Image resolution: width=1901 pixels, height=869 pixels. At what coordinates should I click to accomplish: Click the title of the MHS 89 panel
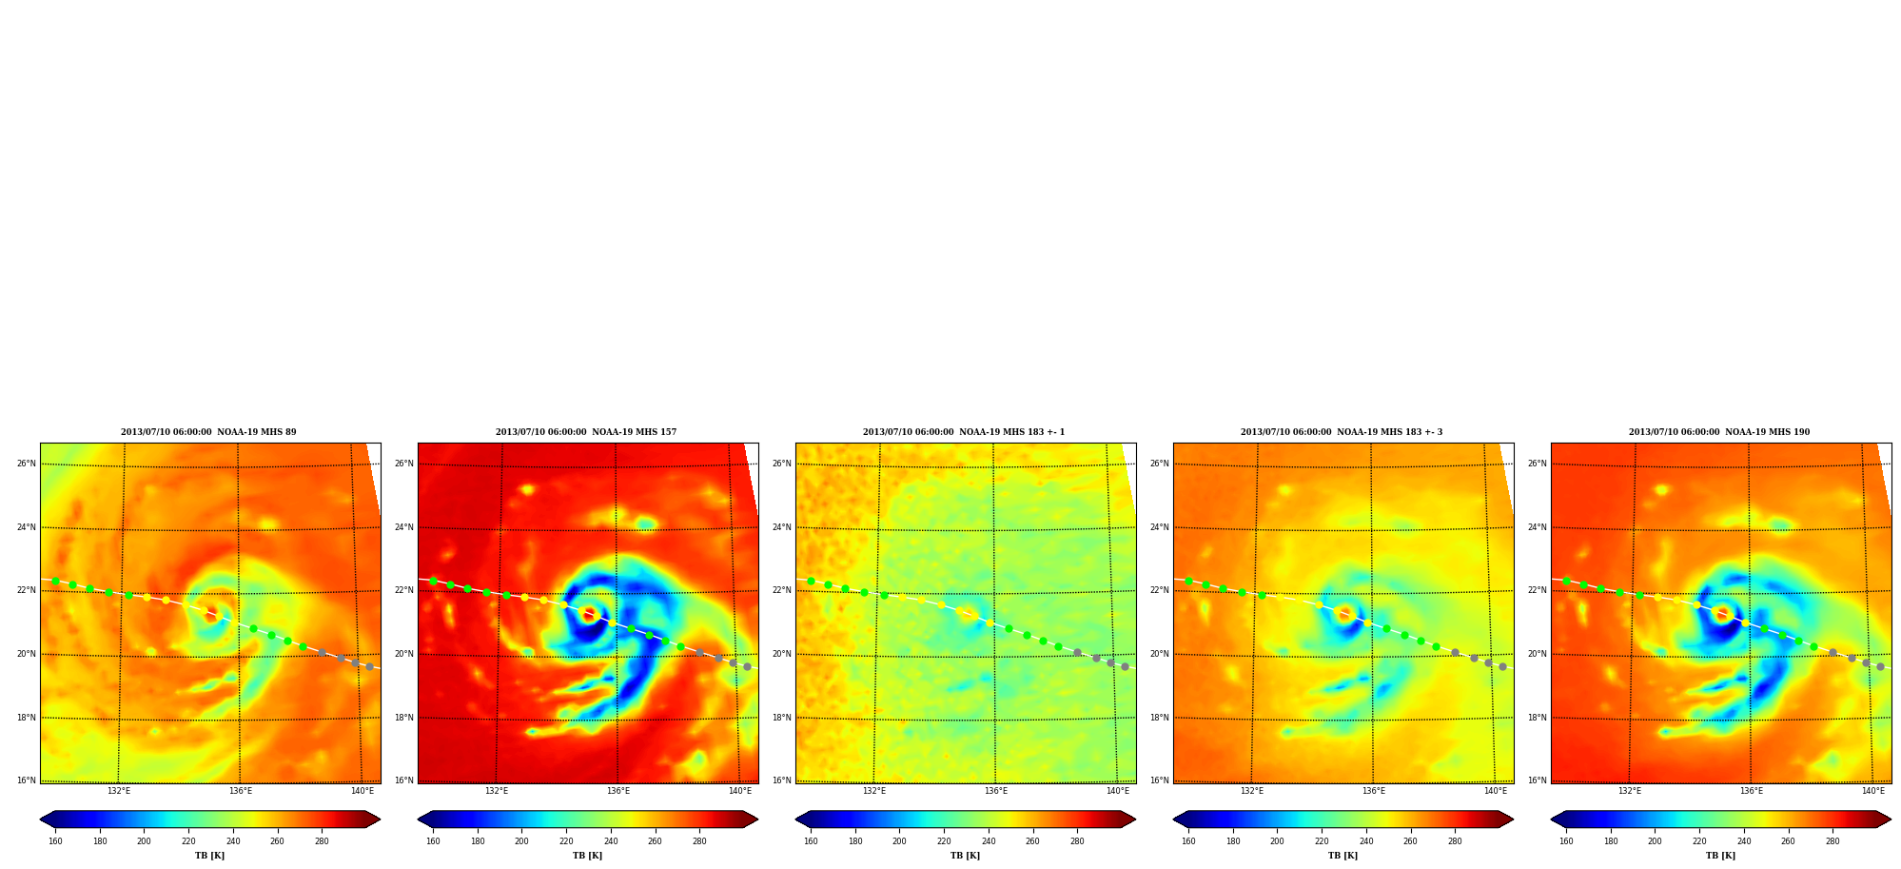pyautogui.click(x=208, y=432)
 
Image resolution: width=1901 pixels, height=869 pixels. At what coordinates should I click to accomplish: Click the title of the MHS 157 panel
pyautogui.click(x=586, y=432)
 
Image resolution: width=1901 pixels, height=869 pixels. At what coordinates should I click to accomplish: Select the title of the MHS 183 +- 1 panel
pyautogui.click(x=964, y=432)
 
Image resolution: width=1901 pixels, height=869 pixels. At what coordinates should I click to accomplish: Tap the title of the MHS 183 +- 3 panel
pyautogui.click(x=1342, y=432)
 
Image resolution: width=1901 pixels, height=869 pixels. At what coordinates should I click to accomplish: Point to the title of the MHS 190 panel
pyautogui.click(x=1719, y=432)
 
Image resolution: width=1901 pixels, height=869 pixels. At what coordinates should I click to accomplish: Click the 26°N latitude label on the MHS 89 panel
pyautogui.click(x=27, y=464)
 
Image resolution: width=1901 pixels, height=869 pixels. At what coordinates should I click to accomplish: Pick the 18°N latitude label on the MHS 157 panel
pyautogui.click(x=404, y=718)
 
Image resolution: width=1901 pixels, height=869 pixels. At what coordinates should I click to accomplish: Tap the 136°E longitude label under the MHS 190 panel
pyautogui.click(x=1752, y=791)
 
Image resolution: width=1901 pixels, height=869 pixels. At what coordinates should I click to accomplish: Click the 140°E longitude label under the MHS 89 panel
pyautogui.click(x=363, y=791)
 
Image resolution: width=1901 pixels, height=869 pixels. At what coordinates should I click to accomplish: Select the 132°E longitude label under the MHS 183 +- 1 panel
pyautogui.click(x=874, y=791)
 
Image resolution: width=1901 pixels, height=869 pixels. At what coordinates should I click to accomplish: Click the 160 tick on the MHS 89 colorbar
pyautogui.click(x=55, y=841)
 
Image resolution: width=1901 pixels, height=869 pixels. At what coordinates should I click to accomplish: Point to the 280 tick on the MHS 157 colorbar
pyautogui.click(x=699, y=841)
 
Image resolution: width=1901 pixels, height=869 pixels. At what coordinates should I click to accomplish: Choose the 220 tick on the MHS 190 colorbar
pyautogui.click(x=1699, y=841)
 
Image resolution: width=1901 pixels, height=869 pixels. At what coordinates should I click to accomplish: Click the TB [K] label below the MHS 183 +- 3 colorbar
pyautogui.click(x=1343, y=856)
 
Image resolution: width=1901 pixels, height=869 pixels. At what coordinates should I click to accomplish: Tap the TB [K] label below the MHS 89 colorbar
pyautogui.click(x=210, y=856)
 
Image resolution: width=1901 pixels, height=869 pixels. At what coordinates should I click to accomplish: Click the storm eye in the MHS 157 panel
pyautogui.click(x=589, y=613)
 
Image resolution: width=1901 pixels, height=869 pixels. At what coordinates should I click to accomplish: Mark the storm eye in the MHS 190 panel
pyautogui.click(x=1722, y=613)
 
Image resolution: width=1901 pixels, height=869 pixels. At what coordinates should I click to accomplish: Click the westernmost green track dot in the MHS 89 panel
pyautogui.click(x=55, y=581)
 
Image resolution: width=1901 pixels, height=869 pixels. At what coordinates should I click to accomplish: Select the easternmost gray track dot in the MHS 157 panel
pyautogui.click(x=747, y=666)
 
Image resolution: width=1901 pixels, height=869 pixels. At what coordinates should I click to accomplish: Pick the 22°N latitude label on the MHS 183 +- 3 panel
pyautogui.click(x=1160, y=590)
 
